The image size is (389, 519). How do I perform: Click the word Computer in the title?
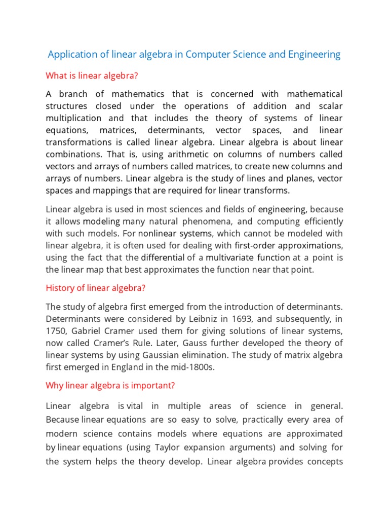(x=206, y=54)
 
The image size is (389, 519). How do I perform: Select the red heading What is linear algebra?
(x=92, y=76)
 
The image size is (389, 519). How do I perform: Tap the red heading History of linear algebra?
(x=96, y=288)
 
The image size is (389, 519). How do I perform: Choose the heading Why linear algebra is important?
(x=110, y=385)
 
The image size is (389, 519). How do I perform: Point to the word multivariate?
(x=230, y=257)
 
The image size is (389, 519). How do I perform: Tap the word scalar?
(x=330, y=106)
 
